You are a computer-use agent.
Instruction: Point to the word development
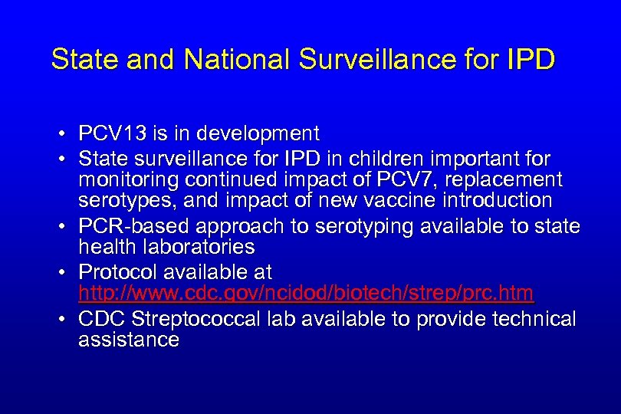[258, 134]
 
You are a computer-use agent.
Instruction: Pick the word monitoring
[127, 180]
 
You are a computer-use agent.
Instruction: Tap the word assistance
[128, 340]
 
